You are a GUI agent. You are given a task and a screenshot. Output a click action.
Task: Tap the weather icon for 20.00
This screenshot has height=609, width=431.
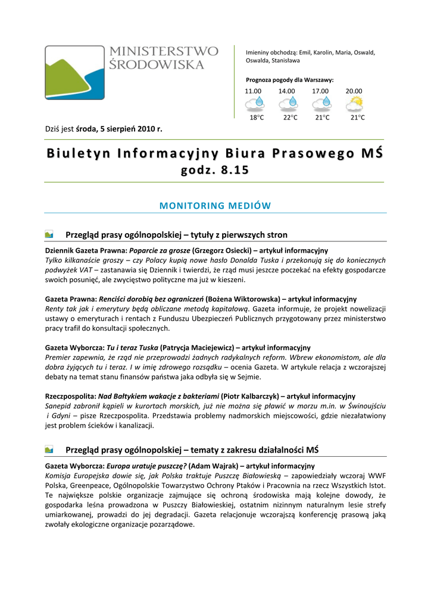(x=355, y=104)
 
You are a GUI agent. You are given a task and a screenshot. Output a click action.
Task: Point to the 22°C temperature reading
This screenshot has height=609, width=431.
(x=290, y=118)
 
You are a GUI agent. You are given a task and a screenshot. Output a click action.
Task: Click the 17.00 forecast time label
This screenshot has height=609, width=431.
(x=320, y=91)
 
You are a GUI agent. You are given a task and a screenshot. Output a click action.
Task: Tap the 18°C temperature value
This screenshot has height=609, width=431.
(x=256, y=118)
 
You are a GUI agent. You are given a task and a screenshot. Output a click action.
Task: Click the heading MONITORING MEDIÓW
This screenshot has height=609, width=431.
(x=215, y=206)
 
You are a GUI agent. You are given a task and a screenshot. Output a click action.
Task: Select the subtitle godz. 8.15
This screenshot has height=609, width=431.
(x=215, y=171)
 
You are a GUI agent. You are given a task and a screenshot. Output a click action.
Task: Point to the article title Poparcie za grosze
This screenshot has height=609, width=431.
(x=160, y=251)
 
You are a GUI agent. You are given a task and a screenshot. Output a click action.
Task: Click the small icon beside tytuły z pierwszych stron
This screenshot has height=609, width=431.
(x=49, y=234)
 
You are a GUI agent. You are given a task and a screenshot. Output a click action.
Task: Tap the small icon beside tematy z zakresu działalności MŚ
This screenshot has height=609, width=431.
(x=49, y=450)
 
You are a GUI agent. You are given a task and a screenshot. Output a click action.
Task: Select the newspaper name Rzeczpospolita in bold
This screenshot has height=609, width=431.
(x=70, y=395)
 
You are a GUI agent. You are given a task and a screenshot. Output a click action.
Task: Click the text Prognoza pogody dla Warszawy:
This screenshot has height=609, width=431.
(x=290, y=80)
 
